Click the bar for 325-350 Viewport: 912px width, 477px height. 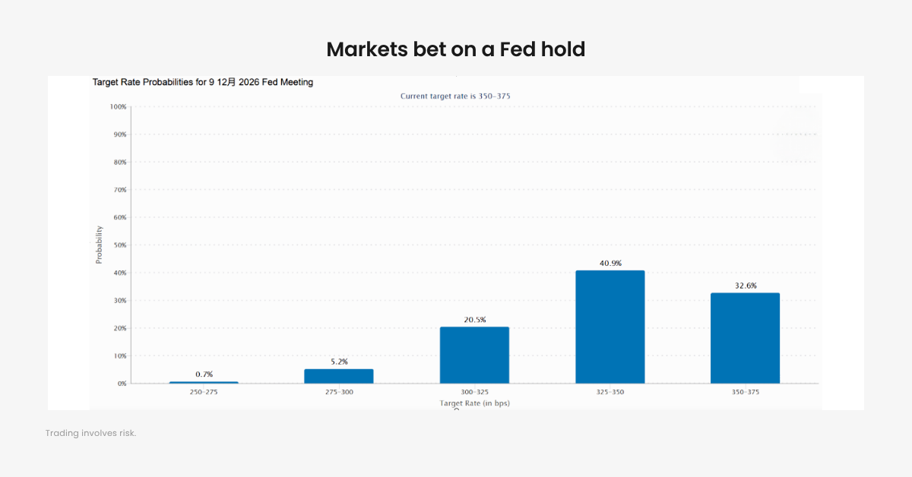click(610, 327)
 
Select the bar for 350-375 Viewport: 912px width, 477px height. click(745, 338)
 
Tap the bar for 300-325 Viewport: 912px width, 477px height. click(474, 355)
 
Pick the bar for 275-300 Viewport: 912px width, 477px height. click(339, 376)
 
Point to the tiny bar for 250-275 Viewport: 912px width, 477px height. click(204, 382)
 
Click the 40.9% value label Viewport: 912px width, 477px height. click(610, 263)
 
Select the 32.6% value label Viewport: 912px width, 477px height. click(745, 286)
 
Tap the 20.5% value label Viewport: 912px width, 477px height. click(474, 320)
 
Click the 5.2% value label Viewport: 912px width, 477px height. click(339, 362)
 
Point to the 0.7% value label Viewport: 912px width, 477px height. click(204, 374)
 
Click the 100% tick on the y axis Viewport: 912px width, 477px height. click(118, 107)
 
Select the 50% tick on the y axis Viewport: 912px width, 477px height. click(119, 245)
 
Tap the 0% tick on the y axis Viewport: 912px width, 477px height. click(122, 384)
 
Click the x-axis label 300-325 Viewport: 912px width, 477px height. click(474, 392)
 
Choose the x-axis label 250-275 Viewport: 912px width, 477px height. click(204, 392)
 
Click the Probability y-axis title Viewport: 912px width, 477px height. click(99, 245)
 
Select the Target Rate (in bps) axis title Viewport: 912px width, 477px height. click(474, 403)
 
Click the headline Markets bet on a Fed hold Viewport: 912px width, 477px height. click(456, 49)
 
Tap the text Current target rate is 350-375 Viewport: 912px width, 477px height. click(460, 96)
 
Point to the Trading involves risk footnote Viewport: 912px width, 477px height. click(90, 433)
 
